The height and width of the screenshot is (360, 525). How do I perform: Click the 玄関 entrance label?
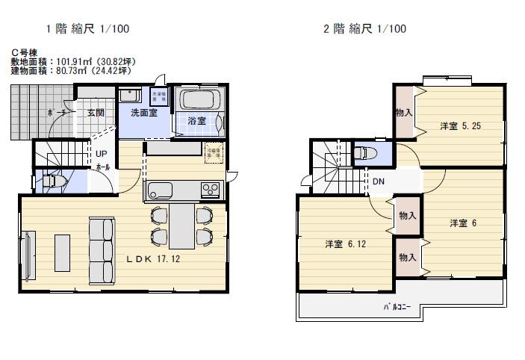95,114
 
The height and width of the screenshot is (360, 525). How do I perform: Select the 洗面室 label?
143,114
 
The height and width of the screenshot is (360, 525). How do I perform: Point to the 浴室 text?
196,120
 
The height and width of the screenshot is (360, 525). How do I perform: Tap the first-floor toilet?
51,180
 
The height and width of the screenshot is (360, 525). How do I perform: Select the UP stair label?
101,154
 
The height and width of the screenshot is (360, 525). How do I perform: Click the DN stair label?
379,181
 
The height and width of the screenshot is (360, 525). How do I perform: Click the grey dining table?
181,226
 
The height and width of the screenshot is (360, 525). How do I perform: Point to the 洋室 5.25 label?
460,126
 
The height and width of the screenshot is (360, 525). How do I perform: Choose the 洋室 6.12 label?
345,244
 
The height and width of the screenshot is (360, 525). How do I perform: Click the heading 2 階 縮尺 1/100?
364,29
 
